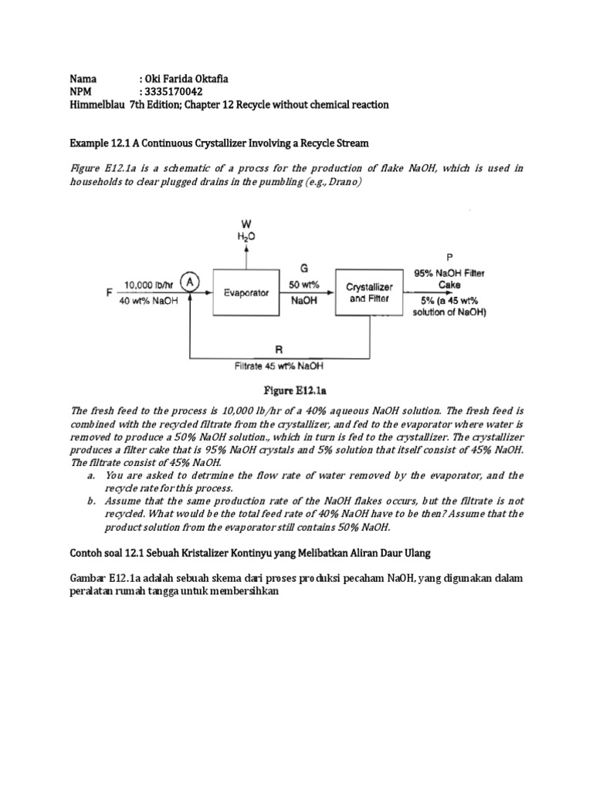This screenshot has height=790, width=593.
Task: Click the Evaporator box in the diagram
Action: [x=246, y=293]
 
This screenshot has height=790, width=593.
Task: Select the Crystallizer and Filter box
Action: [x=369, y=292]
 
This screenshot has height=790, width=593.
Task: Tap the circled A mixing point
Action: [x=191, y=283]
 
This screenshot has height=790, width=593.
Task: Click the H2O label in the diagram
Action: [x=246, y=237]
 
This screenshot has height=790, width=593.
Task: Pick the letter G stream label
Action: [x=304, y=268]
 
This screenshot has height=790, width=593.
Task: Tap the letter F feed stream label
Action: [x=110, y=293]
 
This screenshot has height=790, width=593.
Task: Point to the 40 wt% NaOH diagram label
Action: [x=150, y=301]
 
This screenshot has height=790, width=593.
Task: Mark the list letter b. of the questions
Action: [x=91, y=501]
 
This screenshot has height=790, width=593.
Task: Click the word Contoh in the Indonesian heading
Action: [x=89, y=552]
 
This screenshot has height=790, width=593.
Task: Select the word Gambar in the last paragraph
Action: [x=90, y=578]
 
